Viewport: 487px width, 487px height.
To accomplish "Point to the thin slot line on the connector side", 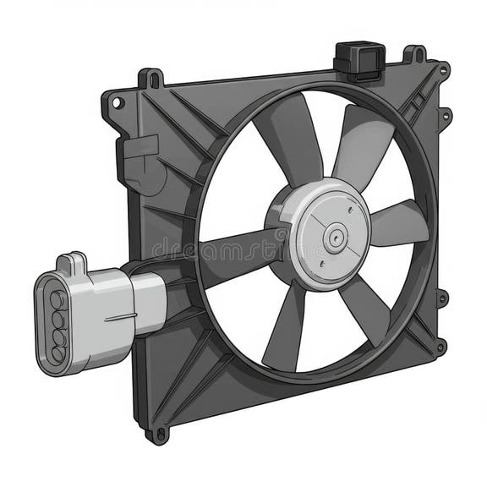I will pos(120,319).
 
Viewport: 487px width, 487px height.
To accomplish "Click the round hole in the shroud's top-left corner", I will pos(118,103).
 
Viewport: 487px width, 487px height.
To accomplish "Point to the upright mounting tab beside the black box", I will pos(414,55).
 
